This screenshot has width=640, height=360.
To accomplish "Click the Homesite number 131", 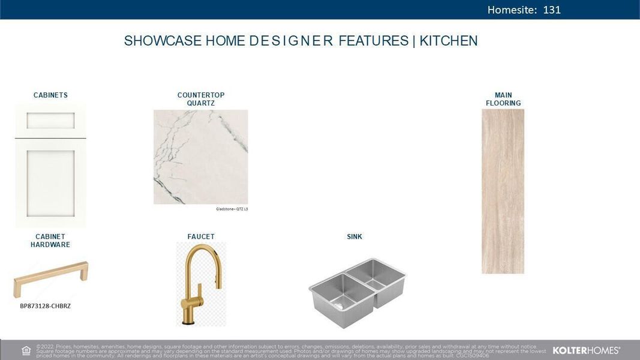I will tap(552, 10).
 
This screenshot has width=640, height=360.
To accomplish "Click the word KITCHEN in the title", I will tap(449, 41).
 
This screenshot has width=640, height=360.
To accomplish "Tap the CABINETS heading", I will tap(50, 95).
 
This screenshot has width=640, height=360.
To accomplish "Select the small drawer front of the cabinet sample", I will tap(50, 121).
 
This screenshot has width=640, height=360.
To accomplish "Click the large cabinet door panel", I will tap(50, 180).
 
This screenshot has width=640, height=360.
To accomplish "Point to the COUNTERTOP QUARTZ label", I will tap(201, 99).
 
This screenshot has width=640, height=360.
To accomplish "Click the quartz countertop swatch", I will tap(200, 157).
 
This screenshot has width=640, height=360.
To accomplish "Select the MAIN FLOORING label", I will tap(503, 99).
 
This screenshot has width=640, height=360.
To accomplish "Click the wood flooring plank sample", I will tap(503, 191).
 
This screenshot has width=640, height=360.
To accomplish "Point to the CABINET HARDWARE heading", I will tap(50, 241).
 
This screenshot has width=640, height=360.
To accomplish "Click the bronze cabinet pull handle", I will tap(51, 278).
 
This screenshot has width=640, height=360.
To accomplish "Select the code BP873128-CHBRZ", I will tap(46, 306).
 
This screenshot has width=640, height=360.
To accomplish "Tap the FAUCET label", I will tap(201, 236).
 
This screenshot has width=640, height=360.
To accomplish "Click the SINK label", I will tap(354, 236).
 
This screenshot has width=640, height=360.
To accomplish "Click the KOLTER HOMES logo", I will tap(586, 350).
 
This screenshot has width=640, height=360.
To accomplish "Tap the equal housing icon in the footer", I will tap(26, 350).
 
